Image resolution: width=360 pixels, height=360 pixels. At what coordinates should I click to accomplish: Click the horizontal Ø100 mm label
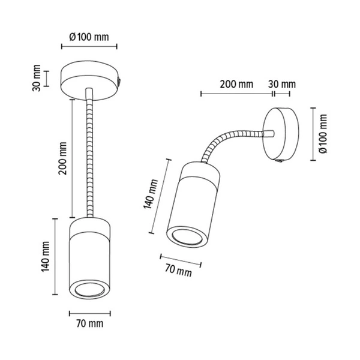point(89,37)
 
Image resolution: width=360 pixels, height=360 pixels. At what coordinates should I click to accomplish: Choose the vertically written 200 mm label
point(62,158)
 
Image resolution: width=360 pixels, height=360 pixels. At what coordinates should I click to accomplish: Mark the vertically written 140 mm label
point(44,257)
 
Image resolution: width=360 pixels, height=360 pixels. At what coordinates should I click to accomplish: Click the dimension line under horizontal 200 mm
point(236,94)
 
